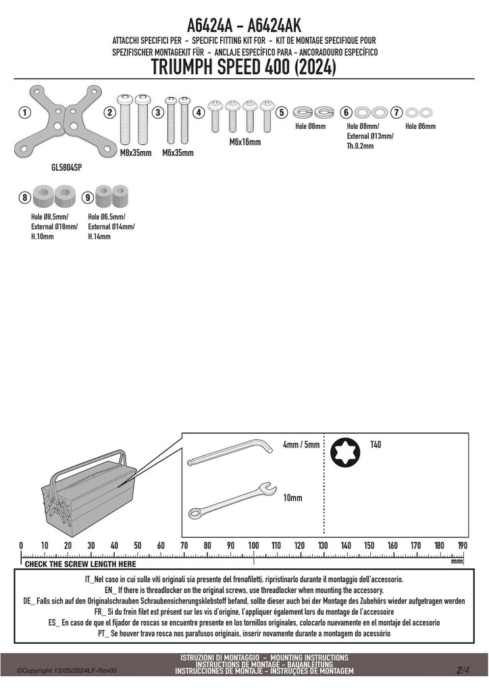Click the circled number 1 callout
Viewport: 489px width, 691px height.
pos(25,113)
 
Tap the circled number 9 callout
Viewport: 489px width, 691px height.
pos(88,198)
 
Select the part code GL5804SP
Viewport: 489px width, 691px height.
pos(67,167)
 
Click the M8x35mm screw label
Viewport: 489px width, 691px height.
pos(136,153)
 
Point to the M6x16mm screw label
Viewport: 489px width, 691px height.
pos(245,142)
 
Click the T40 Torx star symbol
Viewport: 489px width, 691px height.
pos(345,452)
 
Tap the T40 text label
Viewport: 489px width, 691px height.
pos(376,444)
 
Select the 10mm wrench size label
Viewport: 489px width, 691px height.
pos(292,497)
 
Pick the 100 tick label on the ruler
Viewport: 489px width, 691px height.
pos(253,545)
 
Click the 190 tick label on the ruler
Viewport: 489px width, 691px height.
pos(462,545)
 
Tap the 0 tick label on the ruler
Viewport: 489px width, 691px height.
pos(21,545)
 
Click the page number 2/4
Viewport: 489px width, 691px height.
pos(463,670)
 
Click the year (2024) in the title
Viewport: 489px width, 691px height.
pos(315,67)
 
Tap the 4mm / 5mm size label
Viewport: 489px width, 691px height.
pos(301,444)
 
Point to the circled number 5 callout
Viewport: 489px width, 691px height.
pos(282,113)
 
